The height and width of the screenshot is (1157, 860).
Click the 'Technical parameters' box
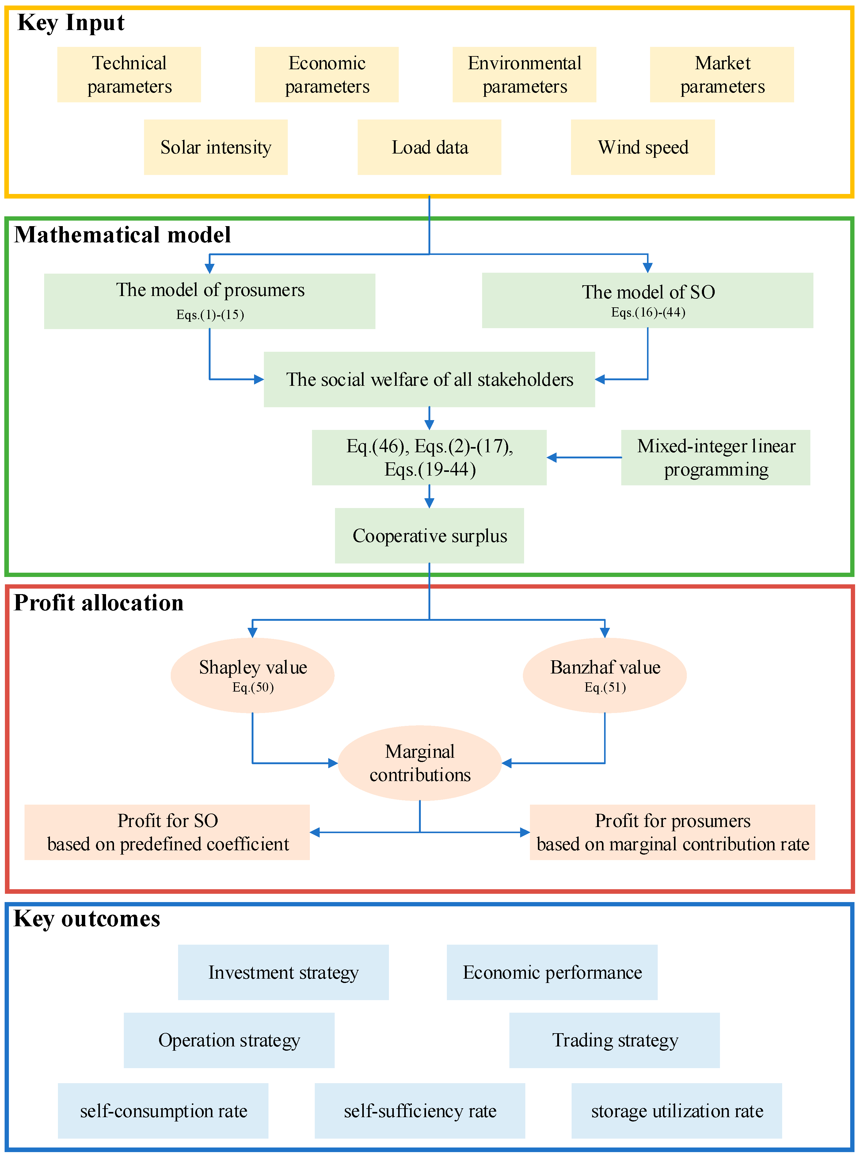click(129, 74)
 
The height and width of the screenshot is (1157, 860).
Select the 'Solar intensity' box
click(215, 147)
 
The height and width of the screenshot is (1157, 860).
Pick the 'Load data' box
click(429, 147)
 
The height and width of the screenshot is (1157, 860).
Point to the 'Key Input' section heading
click(71, 23)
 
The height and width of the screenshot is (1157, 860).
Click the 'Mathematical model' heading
click(122, 235)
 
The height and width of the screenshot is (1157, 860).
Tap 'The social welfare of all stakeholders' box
click(429, 379)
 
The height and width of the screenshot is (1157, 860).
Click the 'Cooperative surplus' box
click(429, 536)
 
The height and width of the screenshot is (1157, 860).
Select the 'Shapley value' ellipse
click(253, 675)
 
